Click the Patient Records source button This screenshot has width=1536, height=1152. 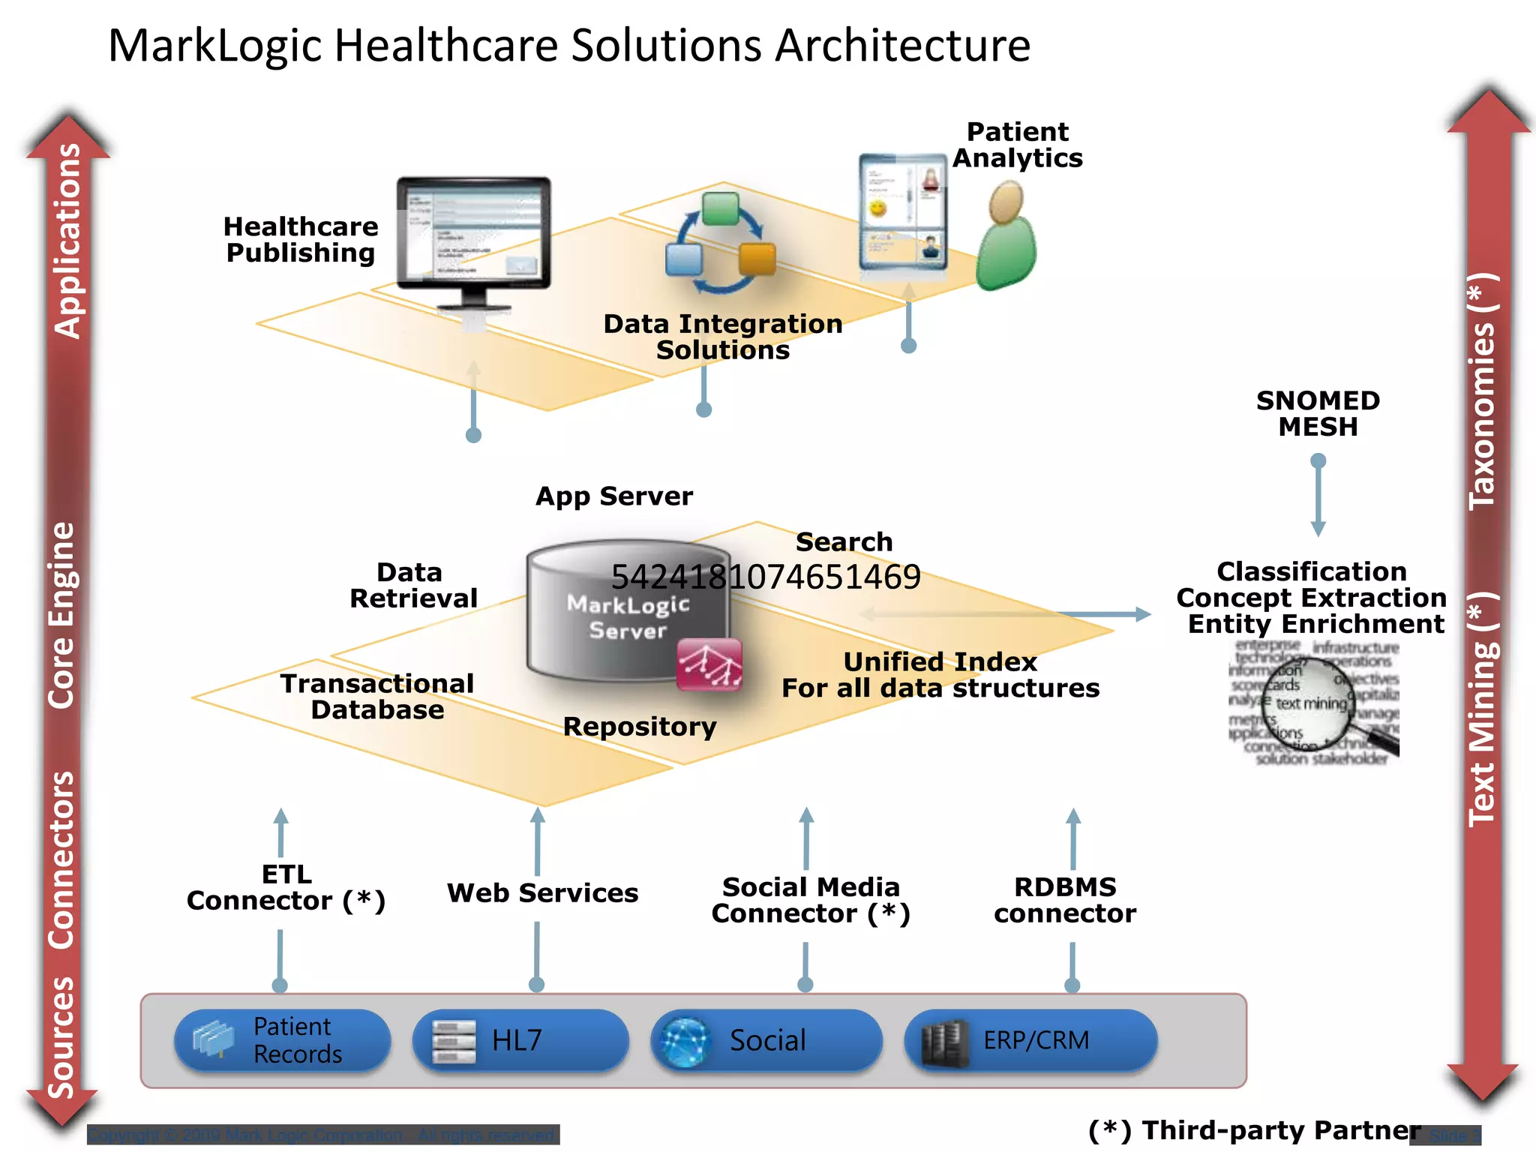click(x=282, y=1040)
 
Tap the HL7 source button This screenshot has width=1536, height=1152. click(x=520, y=1040)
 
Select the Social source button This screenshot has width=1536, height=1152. click(x=766, y=1040)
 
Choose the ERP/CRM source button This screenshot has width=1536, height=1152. click(x=1030, y=1040)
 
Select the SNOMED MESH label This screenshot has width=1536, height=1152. click(x=1318, y=413)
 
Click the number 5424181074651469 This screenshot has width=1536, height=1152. click(x=766, y=577)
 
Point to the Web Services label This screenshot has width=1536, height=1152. click(x=542, y=892)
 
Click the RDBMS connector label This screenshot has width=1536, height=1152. click(x=1065, y=900)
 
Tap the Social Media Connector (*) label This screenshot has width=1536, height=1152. click(x=810, y=900)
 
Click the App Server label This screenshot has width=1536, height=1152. click(x=613, y=496)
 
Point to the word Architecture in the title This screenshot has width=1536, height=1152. click(x=902, y=45)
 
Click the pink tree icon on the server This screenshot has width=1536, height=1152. click(x=709, y=664)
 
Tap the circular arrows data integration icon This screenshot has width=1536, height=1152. click(x=721, y=242)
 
